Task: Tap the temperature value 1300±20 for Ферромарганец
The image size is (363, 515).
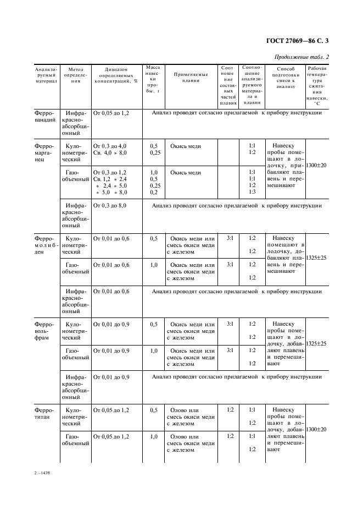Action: pyautogui.click(x=317, y=165)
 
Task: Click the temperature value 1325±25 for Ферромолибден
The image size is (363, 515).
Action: pyautogui.click(x=317, y=257)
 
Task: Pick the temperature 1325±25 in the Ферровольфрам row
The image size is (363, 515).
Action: pyautogui.click(x=317, y=343)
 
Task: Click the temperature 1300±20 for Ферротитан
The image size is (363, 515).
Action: pyautogui.click(x=317, y=429)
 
